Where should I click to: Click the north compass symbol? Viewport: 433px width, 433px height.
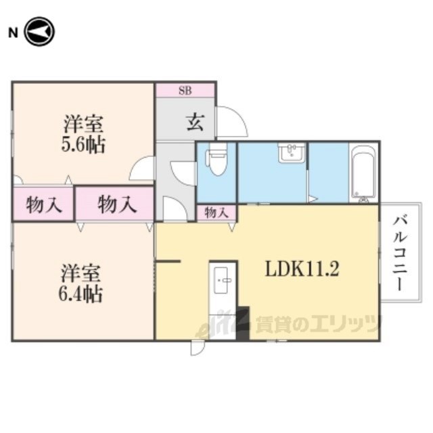click(40, 32)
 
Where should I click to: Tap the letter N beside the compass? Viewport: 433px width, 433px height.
click(14, 33)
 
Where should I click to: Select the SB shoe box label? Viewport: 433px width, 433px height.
click(185, 90)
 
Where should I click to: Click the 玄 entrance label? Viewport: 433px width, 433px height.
click(196, 123)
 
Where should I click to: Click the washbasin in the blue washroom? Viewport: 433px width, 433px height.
click(292, 152)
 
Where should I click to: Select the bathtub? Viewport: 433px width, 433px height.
click(363, 173)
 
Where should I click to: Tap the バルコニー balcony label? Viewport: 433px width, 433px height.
click(400, 253)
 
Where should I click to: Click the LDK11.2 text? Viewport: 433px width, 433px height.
click(302, 269)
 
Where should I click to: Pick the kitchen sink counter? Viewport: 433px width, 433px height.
click(223, 300)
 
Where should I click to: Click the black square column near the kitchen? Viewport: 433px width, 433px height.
click(244, 323)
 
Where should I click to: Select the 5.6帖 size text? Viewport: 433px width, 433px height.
click(83, 145)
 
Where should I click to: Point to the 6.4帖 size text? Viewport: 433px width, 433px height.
click(81, 294)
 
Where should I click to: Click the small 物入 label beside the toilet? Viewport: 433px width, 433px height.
click(216, 213)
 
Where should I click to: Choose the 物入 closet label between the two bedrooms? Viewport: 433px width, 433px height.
click(117, 204)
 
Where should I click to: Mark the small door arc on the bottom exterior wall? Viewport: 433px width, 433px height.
click(198, 348)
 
